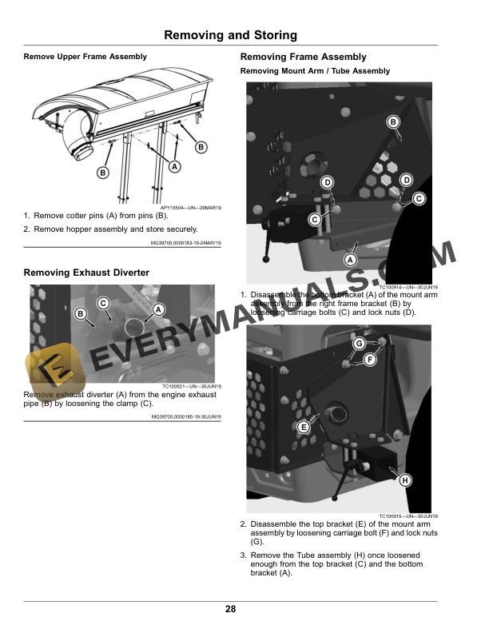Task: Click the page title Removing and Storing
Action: [x=230, y=35]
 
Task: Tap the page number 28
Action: [x=230, y=610]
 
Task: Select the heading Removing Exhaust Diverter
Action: [x=86, y=273]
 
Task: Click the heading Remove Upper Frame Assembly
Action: [x=85, y=57]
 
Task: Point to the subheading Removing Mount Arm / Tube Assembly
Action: [x=315, y=71]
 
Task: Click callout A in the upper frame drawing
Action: [x=174, y=165]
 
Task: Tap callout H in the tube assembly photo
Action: [x=405, y=480]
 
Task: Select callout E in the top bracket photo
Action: [x=304, y=428]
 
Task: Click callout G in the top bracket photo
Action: [x=359, y=343]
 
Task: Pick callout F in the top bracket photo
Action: [x=370, y=360]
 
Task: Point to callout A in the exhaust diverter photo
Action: [x=158, y=309]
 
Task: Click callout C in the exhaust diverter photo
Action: [x=104, y=302]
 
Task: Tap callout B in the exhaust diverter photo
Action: [x=80, y=314]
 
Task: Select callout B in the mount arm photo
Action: [x=393, y=121]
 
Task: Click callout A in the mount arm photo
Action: [x=350, y=260]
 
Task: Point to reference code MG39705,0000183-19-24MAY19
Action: [x=185, y=243]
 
